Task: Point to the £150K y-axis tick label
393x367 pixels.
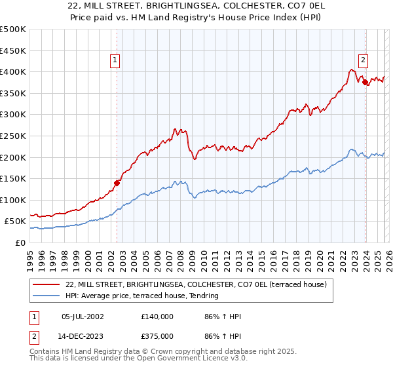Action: point(13,178)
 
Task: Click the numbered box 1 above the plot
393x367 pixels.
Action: point(115,61)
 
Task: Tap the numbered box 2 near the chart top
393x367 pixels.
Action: point(363,61)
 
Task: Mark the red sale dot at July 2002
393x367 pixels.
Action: point(117,183)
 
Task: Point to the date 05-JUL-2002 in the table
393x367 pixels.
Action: point(83,317)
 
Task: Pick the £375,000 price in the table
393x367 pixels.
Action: point(157,336)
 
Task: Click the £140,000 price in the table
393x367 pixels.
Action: point(157,317)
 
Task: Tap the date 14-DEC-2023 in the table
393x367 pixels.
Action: point(83,336)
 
